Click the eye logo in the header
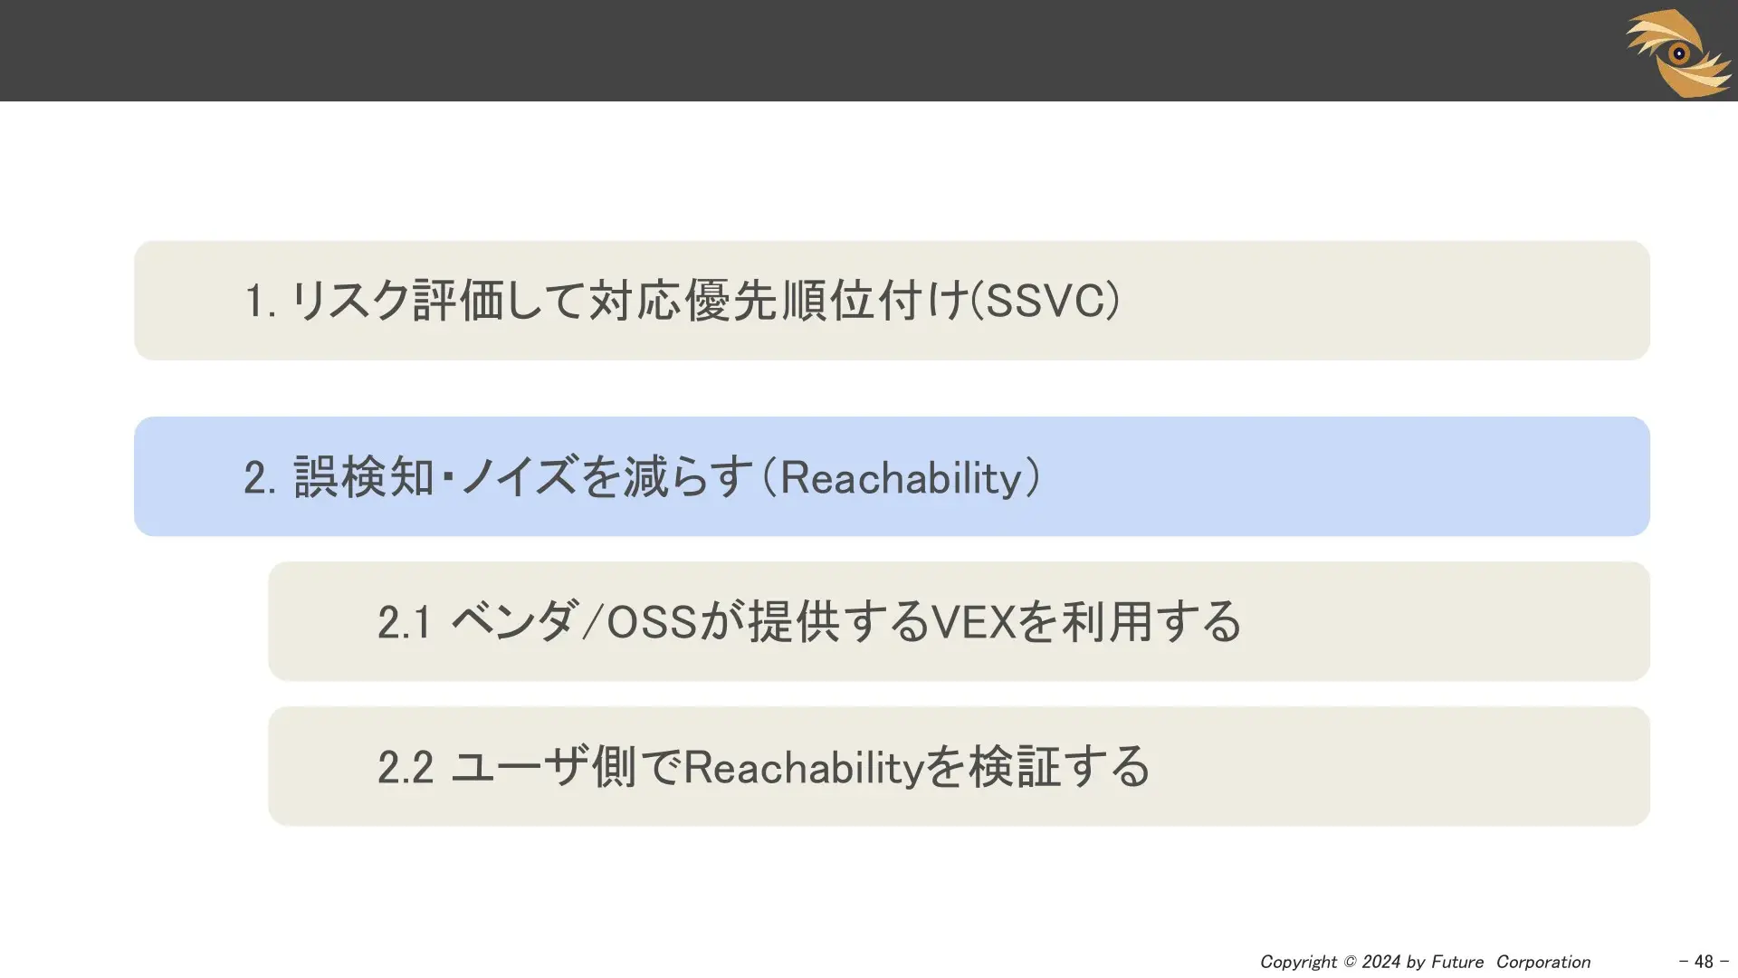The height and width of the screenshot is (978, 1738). tap(1679, 53)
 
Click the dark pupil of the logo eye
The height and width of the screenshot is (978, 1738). tap(1679, 53)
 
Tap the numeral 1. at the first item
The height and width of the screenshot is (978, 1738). tap(261, 301)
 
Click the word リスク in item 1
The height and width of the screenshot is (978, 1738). tap(351, 301)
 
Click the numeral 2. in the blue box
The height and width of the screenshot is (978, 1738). tap(261, 477)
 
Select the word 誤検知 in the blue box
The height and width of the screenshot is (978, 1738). tap(364, 477)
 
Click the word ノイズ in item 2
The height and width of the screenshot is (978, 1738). tap(519, 477)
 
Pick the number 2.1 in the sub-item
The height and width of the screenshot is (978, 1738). tap(404, 622)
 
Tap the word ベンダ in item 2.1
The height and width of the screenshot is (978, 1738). tap(512, 622)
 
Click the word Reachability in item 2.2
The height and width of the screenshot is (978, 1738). tap(803, 768)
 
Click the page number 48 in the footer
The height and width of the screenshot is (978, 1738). tap(1704, 962)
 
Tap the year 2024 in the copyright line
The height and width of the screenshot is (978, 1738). tap(1381, 962)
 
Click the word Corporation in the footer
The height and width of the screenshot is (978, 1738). tap(1543, 963)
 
